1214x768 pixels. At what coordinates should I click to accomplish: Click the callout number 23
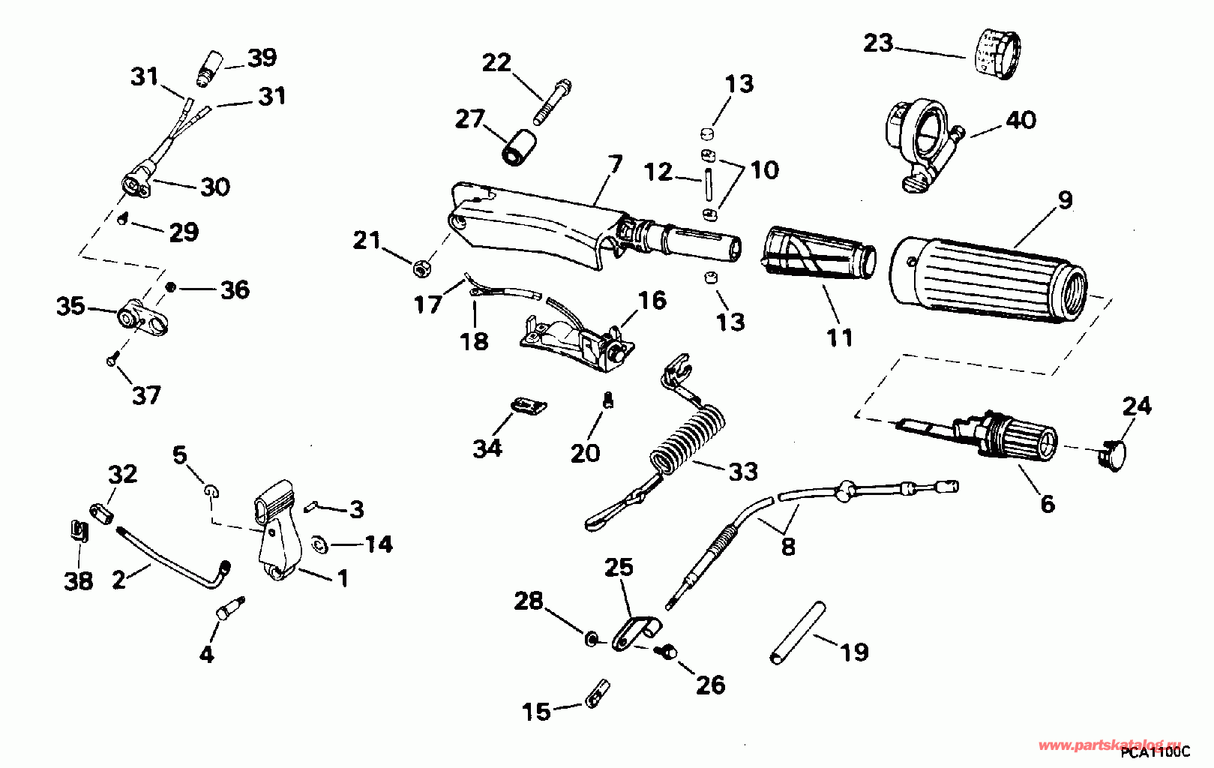tap(878, 43)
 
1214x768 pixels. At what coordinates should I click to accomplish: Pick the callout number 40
tap(1021, 120)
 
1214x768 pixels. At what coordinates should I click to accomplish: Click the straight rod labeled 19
tap(798, 632)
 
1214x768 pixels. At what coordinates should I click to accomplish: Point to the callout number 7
tap(615, 163)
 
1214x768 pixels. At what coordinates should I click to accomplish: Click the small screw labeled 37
tap(111, 361)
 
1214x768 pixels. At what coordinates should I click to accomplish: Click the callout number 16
tap(652, 301)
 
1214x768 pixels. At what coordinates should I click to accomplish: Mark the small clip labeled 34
tap(529, 407)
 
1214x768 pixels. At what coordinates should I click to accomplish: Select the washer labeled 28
tap(592, 638)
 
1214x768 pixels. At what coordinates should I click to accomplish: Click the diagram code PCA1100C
tap(1156, 751)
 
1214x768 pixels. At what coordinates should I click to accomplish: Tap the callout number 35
tap(70, 306)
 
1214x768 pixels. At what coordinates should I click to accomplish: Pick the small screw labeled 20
tap(607, 401)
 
